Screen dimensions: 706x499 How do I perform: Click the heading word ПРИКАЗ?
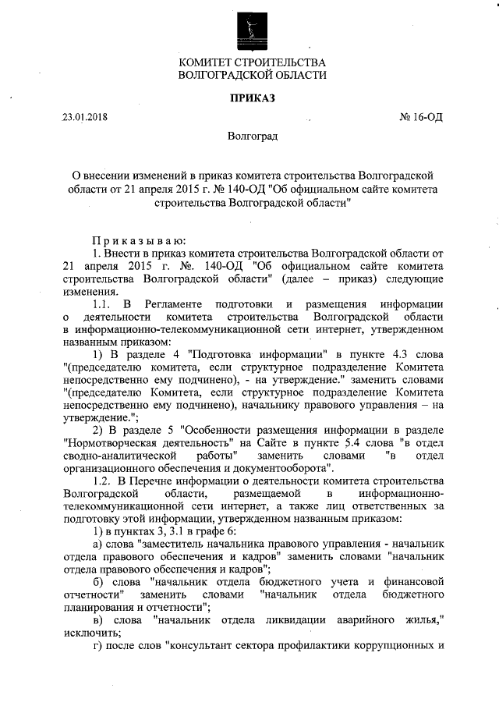click(252, 98)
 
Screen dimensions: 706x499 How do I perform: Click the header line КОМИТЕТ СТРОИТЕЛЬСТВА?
click(252, 62)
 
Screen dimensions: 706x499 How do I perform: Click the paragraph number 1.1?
click(104, 303)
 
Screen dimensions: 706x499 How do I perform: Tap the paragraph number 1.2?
click(104, 481)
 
